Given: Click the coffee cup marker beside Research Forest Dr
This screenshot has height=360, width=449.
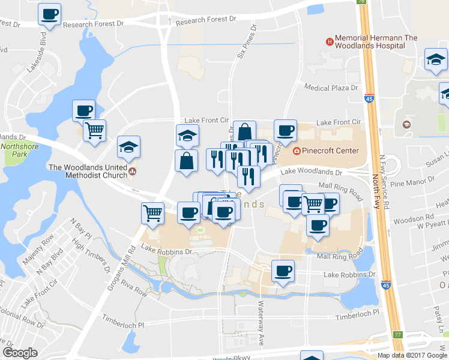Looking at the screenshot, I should coord(49,14).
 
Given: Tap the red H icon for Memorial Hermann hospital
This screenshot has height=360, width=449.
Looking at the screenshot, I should coord(329,41).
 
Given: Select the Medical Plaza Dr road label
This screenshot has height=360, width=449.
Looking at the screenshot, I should coord(331,88).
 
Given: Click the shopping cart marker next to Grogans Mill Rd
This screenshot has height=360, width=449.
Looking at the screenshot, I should coord(153,213).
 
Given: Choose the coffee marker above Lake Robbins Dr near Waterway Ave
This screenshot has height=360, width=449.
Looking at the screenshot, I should coord(283,271).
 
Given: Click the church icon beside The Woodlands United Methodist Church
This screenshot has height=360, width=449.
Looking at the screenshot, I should coord(132,174).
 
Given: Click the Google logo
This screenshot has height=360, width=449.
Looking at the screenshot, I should coord(20,353).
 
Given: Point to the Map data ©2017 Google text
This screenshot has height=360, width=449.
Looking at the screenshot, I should coord(412,355).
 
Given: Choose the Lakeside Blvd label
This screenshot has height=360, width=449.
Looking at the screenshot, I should coord(37,56).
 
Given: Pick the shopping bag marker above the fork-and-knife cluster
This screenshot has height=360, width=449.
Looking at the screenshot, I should coord(246,131).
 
